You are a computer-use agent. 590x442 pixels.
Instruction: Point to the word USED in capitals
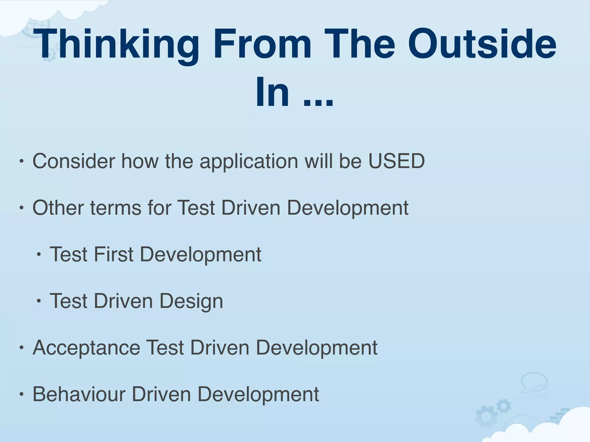[396, 161]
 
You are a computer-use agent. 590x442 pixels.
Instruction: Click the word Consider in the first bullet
[73, 161]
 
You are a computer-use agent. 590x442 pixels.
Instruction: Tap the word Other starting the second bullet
[57, 207]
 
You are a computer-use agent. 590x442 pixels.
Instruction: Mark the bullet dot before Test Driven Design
[39, 301]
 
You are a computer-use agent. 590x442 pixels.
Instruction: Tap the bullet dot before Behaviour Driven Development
[21, 395]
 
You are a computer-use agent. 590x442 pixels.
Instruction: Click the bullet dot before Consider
[21, 161]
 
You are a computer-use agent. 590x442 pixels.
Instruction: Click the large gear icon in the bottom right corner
[486, 416]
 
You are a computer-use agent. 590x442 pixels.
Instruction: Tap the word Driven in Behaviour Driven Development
[161, 394]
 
